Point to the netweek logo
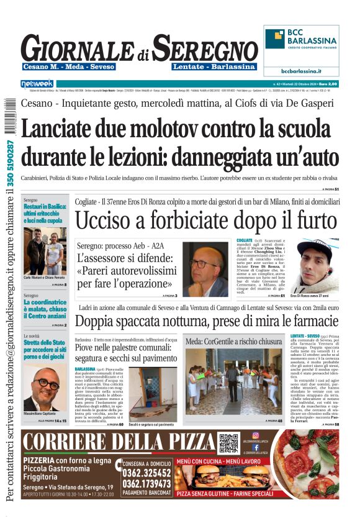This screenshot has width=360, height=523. point(37,83)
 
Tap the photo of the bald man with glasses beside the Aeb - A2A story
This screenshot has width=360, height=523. point(205,268)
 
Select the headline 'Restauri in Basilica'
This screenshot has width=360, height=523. point(45,214)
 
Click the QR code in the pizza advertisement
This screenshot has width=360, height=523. point(228,443)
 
